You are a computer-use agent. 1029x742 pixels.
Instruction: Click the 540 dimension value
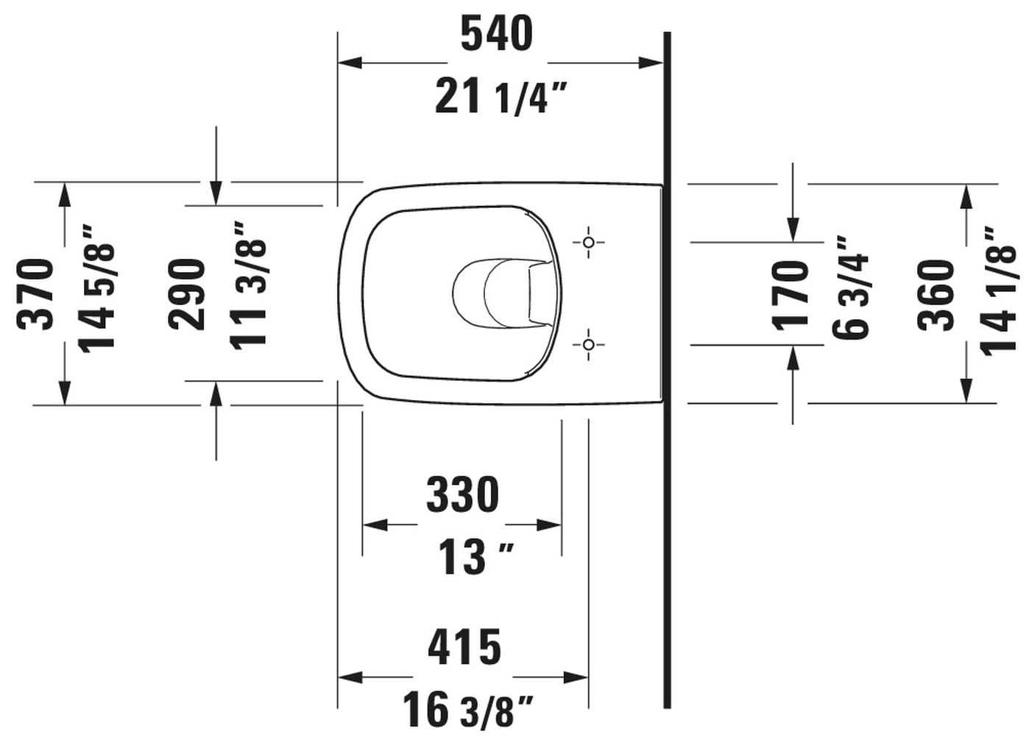pyautogui.click(x=497, y=34)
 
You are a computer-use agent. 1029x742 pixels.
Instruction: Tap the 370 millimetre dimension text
pyautogui.click(x=35, y=294)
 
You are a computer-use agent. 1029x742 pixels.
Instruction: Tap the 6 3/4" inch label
pyautogui.click(x=850, y=288)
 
